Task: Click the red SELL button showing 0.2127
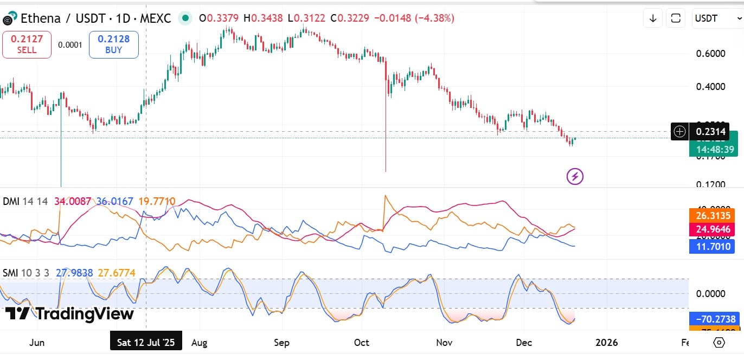[x=27, y=44]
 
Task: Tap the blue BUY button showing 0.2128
[x=114, y=44]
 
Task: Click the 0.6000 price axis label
[x=710, y=54]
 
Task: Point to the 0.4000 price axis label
[x=710, y=87]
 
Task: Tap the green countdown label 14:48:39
[x=715, y=149]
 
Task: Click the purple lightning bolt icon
[x=575, y=176]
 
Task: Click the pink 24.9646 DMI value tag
[x=712, y=229]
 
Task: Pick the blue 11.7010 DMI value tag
[x=712, y=246]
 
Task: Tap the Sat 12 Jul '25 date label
[x=146, y=342]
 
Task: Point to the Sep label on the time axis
[x=282, y=343]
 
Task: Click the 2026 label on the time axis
[x=606, y=343]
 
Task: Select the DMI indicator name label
[x=11, y=202]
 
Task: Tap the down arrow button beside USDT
[x=653, y=18]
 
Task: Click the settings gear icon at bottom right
[x=719, y=343]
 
